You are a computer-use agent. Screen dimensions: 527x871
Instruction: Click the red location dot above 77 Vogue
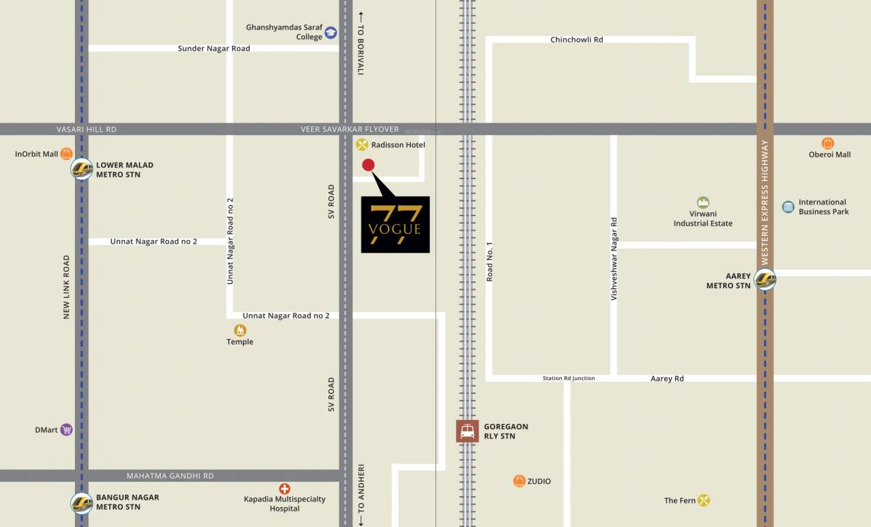click(x=368, y=165)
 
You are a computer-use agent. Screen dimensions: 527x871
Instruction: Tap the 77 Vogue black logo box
click(x=395, y=224)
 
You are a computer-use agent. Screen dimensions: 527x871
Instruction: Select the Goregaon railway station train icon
click(x=467, y=431)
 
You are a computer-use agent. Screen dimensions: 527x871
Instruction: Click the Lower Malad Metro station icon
click(x=82, y=169)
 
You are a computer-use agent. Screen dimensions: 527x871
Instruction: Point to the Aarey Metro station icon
click(x=765, y=280)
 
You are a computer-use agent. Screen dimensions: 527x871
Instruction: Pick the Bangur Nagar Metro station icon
click(x=82, y=502)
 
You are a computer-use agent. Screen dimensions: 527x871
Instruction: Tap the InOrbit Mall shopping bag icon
click(x=67, y=154)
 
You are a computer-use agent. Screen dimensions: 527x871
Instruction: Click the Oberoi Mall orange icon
click(x=828, y=143)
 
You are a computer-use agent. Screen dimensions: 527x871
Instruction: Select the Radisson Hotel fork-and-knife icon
click(x=362, y=145)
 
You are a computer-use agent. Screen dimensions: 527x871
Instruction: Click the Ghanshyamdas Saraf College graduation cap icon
click(x=331, y=32)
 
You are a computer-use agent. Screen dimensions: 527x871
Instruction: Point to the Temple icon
click(x=240, y=330)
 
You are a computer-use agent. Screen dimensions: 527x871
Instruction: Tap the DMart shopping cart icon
click(x=67, y=430)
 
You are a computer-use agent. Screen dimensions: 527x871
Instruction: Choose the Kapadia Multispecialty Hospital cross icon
click(x=284, y=489)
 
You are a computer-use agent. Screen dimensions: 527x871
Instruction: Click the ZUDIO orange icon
click(x=519, y=481)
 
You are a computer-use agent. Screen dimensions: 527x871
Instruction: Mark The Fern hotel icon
click(x=703, y=500)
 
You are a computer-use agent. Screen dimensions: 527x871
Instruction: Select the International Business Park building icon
click(x=788, y=207)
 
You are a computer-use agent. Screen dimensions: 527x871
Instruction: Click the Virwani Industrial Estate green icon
click(x=703, y=202)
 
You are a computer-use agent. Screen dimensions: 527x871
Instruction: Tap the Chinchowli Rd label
click(x=576, y=40)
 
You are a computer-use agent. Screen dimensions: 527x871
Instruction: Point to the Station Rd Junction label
click(x=569, y=378)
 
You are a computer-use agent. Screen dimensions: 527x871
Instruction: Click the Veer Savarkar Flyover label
click(x=350, y=129)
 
